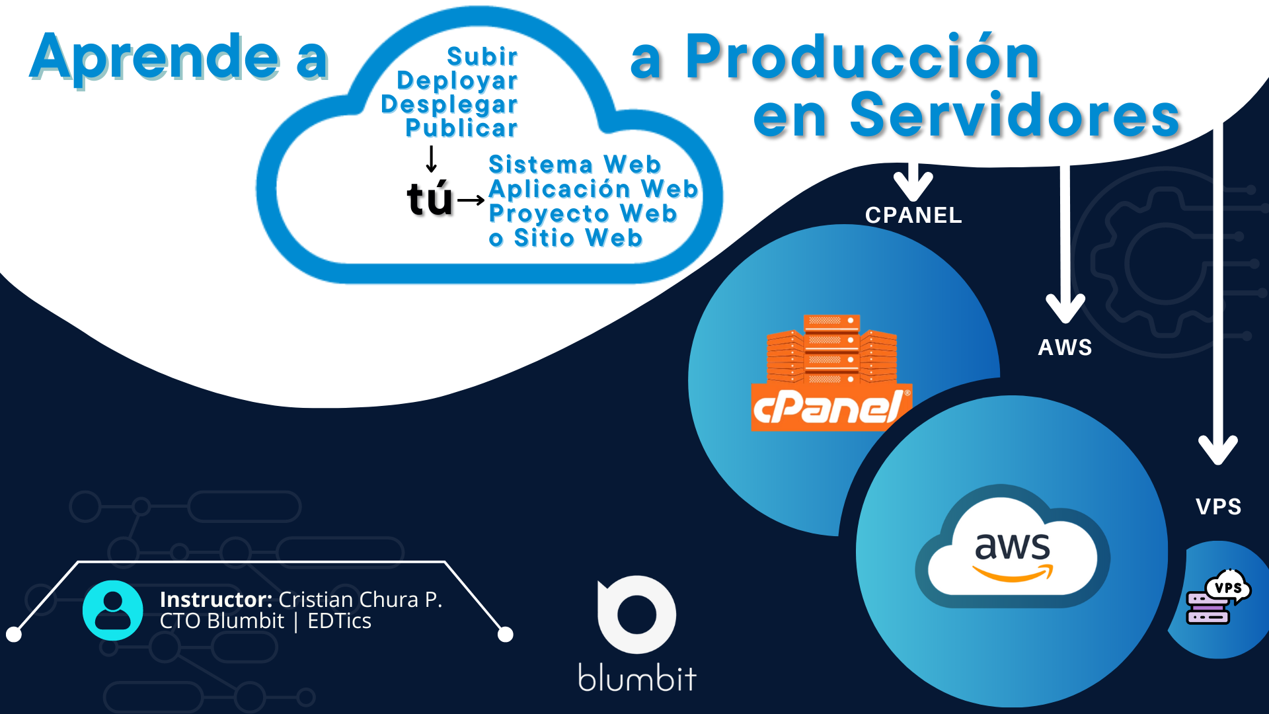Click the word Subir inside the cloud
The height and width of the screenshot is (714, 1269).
(482, 57)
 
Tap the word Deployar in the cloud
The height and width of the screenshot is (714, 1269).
(457, 81)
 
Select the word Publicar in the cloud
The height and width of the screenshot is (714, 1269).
(461, 128)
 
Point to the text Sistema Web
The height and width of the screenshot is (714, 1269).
(574, 165)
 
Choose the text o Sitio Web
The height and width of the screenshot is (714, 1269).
(566, 238)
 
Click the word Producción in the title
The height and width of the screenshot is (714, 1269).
(863, 58)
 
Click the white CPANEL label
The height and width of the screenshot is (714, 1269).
(913, 216)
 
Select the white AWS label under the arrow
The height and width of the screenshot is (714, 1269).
(1065, 348)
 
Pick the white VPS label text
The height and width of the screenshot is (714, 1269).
(1218, 507)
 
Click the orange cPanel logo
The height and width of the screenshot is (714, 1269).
(831, 374)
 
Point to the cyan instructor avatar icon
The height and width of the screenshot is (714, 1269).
(113, 610)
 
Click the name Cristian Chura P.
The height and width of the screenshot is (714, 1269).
(360, 600)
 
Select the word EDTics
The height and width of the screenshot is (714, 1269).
(339, 621)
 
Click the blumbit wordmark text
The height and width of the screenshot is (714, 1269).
(637, 678)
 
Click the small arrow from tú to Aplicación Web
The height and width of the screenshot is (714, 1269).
(471, 200)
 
